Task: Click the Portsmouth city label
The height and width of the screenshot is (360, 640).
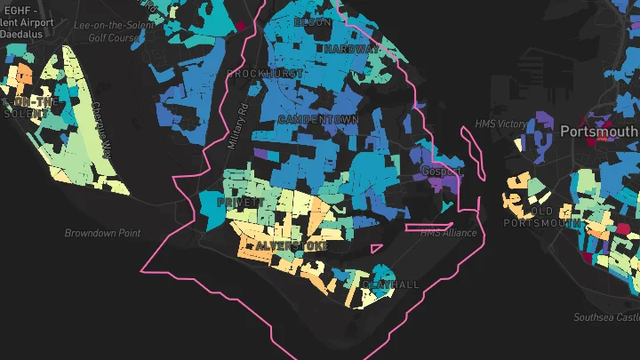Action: click(x=598, y=131)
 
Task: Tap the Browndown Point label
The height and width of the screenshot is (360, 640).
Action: click(x=102, y=233)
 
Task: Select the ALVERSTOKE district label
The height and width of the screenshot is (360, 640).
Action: click(x=292, y=244)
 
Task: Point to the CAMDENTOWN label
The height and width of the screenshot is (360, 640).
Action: click(x=318, y=119)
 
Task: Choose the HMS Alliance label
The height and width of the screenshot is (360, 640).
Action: click(x=448, y=233)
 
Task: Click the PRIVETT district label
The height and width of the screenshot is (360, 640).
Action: click(x=238, y=203)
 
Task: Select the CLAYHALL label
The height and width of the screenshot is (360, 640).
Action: click(x=391, y=284)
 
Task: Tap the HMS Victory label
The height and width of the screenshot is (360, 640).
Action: click(x=500, y=124)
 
